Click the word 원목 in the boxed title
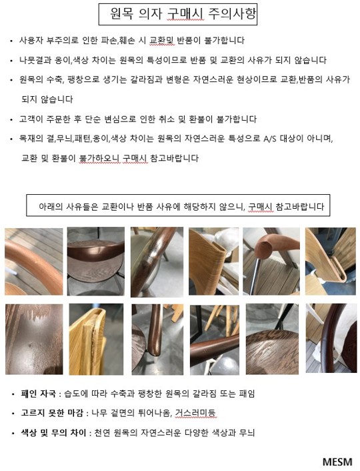pos(121,13)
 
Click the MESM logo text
pos(337,462)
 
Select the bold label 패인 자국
pos(38,394)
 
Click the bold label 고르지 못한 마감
pos(51,413)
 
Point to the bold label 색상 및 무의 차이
pos(53,432)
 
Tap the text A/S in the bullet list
pos(269,139)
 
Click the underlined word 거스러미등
pos(195,413)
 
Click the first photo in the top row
pos(34,262)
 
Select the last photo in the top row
pos(331,262)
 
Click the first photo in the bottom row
pos(34,339)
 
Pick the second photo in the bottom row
pos(96,339)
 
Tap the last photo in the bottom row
pos(331,338)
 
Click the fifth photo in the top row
pos(271,262)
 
